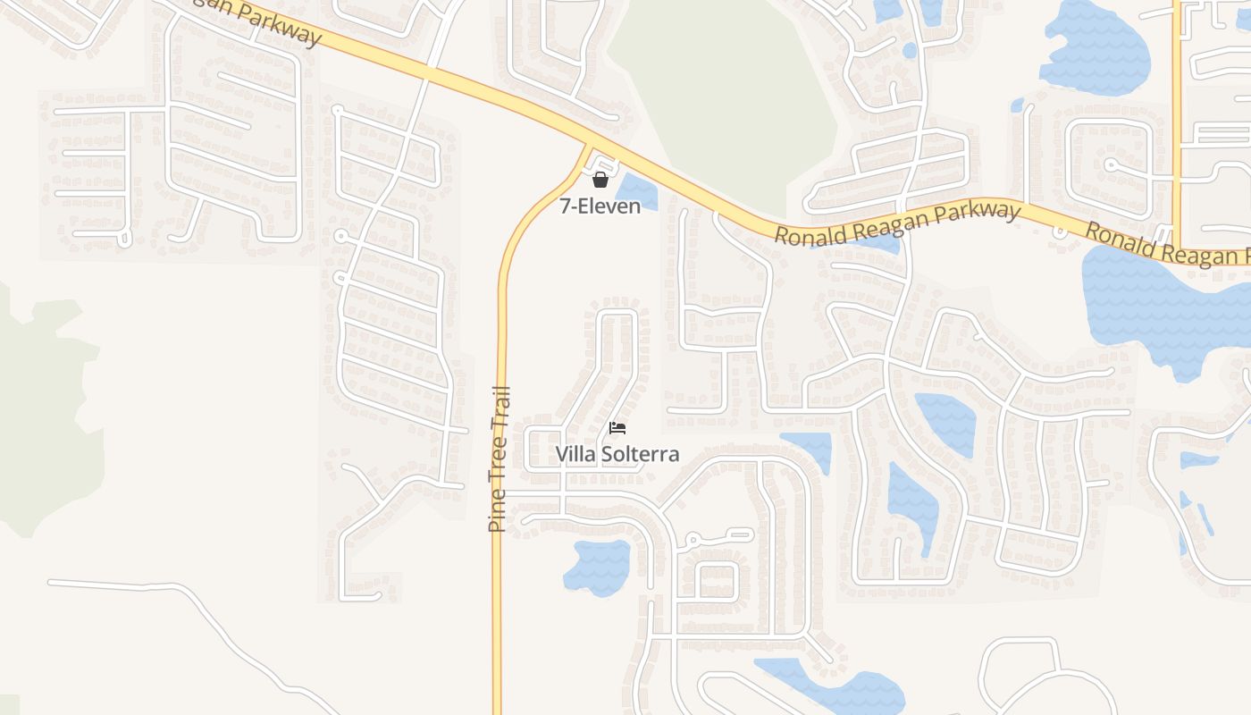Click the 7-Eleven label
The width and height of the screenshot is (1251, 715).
[600, 206]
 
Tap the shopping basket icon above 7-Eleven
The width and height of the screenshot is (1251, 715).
[600, 181]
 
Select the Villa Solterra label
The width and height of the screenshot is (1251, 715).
[617, 454]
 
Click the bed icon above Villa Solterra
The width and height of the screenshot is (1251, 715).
[617, 428]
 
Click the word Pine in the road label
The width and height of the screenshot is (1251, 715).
[498, 514]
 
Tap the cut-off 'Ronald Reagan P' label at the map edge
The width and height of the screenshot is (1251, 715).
[1166, 242]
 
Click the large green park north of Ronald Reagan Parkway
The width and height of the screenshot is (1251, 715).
[724, 98]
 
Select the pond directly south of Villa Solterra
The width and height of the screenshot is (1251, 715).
[597, 566]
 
